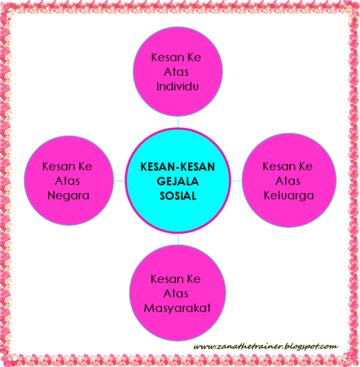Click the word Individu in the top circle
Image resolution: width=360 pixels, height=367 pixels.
point(178,86)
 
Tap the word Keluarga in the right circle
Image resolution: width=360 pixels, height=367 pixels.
point(288,196)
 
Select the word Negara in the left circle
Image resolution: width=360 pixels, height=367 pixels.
point(68,196)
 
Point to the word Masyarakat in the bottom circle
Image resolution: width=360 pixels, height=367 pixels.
point(177,308)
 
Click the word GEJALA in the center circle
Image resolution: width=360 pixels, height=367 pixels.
point(177,182)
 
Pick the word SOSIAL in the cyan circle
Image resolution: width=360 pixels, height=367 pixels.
point(177,197)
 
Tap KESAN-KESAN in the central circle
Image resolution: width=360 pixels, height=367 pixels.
point(177,167)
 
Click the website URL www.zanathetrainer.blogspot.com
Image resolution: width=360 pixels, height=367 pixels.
point(265,346)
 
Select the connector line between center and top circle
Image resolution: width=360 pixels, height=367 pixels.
point(178,122)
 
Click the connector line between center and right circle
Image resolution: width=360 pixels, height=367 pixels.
point(237,181)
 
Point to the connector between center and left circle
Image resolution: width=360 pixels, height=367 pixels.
point(119,181)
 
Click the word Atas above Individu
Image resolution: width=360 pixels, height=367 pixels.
point(177,72)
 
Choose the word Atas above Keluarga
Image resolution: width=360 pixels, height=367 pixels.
point(288,181)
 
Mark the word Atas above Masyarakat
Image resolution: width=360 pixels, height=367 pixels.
point(177,294)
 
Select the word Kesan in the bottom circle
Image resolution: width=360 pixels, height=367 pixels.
point(164,279)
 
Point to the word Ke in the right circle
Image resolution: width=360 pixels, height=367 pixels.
point(306,167)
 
